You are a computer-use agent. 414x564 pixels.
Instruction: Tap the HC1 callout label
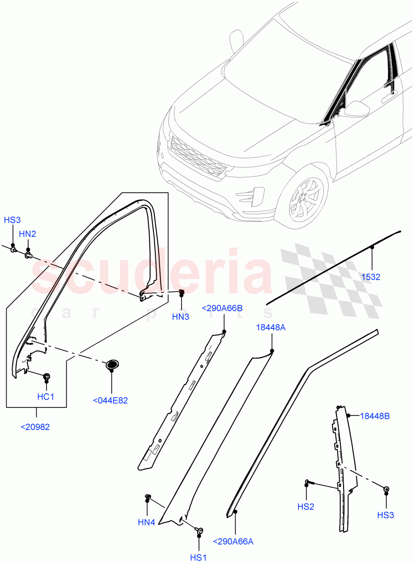[x=46, y=397]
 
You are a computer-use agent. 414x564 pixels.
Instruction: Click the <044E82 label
[x=111, y=400]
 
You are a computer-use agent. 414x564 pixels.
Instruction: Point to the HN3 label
[x=180, y=317]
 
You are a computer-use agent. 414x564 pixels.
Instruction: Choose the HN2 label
[x=27, y=234]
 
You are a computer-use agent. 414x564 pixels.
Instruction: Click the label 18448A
[x=270, y=327]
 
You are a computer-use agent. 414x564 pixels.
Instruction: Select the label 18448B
[x=375, y=416]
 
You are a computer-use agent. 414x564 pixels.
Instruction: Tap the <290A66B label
[x=222, y=308]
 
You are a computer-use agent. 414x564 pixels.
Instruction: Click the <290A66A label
[x=233, y=541]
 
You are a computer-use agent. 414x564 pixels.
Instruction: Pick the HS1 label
[x=198, y=557]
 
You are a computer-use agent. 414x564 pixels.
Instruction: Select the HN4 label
[x=146, y=522]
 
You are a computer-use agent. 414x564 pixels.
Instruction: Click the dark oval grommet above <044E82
[x=112, y=364]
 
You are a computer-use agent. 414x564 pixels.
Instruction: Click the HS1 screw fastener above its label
[x=199, y=531]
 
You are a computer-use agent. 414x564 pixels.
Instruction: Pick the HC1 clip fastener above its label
[x=47, y=376]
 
